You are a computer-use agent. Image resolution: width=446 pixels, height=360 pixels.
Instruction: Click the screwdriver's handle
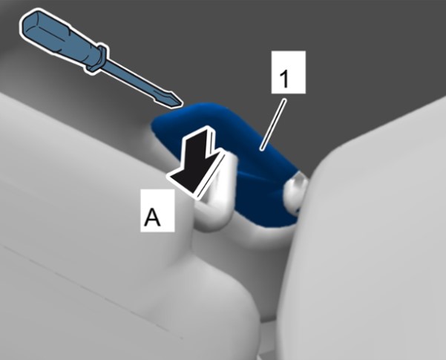pos(61,39)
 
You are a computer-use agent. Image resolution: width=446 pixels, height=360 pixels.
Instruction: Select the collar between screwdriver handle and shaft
pos(96,59)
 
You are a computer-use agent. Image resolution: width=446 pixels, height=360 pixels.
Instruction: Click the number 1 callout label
pos(289,72)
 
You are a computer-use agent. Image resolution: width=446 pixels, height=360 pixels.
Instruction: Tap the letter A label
pos(157,211)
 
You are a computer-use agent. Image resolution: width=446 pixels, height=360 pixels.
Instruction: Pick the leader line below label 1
pos(273,124)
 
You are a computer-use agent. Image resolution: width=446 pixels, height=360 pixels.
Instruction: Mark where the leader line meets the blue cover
pos(261,148)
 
